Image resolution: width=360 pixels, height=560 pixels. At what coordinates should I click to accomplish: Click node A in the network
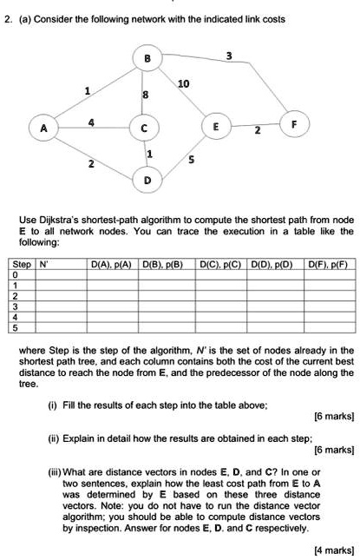click(x=44, y=128)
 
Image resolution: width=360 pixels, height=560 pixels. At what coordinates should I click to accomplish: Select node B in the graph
click(x=147, y=58)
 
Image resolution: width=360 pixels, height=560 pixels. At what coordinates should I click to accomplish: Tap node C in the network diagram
click(x=144, y=128)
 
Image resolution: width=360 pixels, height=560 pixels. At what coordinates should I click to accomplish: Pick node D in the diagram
click(x=147, y=180)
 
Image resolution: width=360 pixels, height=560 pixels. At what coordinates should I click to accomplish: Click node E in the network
click(x=216, y=126)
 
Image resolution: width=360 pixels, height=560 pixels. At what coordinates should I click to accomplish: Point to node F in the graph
click(x=294, y=124)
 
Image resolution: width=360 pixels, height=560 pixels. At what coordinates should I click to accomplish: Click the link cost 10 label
click(x=183, y=84)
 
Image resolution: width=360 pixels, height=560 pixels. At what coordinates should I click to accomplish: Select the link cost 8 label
click(x=145, y=95)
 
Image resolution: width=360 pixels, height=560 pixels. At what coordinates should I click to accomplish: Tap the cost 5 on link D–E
click(x=192, y=160)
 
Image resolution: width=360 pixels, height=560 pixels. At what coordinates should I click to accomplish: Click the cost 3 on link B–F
click(x=229, y=56)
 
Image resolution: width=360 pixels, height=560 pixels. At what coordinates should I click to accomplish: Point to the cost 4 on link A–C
click(x=91, y=123)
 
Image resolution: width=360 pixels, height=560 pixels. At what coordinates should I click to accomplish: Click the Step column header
click(x=22, y=264)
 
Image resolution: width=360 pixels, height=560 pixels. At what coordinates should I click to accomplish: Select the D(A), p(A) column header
click(x=111, y=265)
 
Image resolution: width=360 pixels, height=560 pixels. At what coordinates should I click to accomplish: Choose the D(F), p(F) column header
click(x=327, y=265)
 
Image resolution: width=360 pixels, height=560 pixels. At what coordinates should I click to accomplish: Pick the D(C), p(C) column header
click(x=220, y=265)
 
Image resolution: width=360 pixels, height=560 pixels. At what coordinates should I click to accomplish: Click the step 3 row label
click(x=15, y=306)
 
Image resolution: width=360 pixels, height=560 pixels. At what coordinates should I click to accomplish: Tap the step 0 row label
click(x=15, y=275)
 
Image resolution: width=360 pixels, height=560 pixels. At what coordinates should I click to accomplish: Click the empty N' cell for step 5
click(x=62, y=328)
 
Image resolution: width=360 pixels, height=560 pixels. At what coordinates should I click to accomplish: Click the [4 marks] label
click(x=334, y=550)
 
